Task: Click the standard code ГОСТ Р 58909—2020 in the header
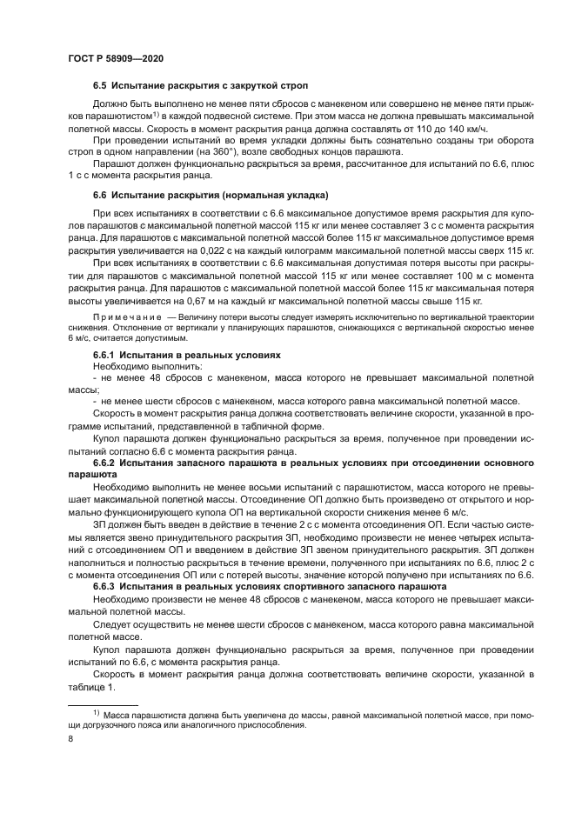click(115, 58)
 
